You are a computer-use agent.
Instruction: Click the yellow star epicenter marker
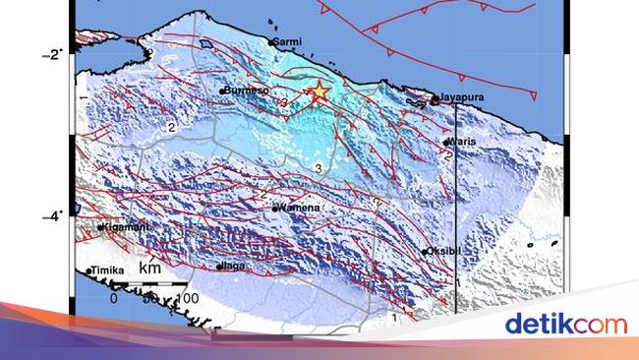click(319, 92)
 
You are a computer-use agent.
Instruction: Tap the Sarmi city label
click(288, 42)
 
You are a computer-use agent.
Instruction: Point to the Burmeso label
click(248, 90)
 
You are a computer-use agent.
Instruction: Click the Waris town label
click(463, 141)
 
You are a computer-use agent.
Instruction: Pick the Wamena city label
click(297, 209)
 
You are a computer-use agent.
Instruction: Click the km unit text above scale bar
click(149, 270)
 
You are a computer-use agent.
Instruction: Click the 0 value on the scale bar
click(113, 298)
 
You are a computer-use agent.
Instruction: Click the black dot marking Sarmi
click(271, 42)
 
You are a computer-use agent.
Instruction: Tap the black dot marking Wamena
click(275, 209)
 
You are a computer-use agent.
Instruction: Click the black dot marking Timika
click(88, 270)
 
